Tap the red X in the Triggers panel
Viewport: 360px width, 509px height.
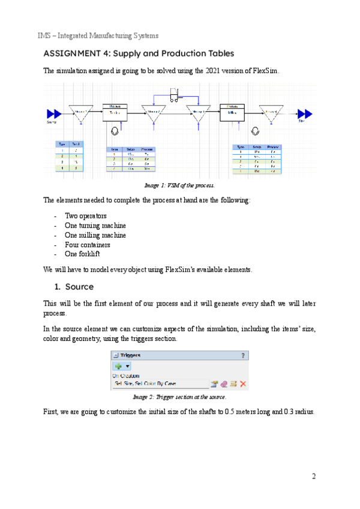244,384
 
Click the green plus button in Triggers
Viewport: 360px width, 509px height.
116,365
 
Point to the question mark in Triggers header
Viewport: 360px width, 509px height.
243,355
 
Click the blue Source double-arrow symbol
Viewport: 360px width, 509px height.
54,113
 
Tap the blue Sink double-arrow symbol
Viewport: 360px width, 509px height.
305,113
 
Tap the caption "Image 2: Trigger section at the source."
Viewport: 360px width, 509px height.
179,397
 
